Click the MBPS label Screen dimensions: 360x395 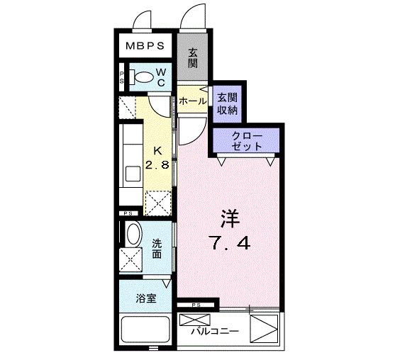[x=146, y=46]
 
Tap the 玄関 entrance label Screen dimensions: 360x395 [x=194, y=56]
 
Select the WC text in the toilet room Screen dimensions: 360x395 [x=161, y=77]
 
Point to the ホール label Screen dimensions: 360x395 [x=192, y=101]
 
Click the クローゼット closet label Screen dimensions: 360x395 [x=246, y=140]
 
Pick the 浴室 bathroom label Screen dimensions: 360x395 [x=147, y=298]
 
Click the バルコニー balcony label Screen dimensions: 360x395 [x=214, y=331]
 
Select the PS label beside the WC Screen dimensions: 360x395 [x=122, y=77]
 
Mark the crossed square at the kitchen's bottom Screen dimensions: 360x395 [x=157, y=203]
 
